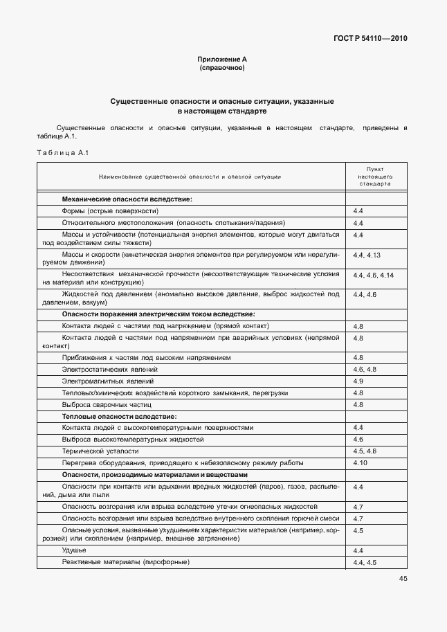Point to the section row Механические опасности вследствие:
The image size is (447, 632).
click(x=127, y=199)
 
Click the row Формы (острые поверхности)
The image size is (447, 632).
click(x=110, y=210)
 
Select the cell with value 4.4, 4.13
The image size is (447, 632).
click(x=367, y=255)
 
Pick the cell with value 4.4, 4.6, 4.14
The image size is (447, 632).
click(x=373, y=276)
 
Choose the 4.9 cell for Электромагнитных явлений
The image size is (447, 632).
click(x=358, y=381)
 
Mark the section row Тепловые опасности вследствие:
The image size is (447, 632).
click(x=119, y=416)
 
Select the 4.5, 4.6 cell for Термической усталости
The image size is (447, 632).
click(x=364, y=451)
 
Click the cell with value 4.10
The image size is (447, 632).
click(x=360, y=462)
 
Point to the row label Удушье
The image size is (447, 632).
click(x=73, y=550)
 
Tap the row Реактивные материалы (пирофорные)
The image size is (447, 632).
click(x=125, y=562)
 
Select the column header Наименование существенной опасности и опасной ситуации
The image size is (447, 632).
click(x=190, y=177)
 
